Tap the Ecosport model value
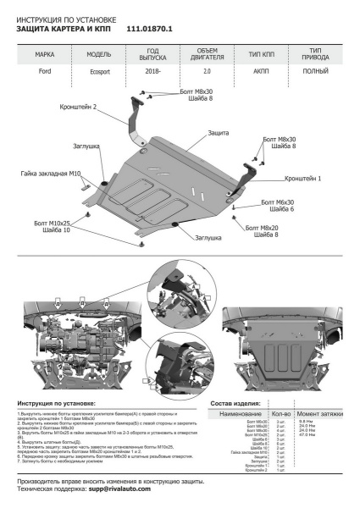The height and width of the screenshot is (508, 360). tap(99, 73)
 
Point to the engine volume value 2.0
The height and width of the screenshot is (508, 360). tap(208, 72)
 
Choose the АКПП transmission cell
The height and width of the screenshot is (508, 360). tap(261, 72)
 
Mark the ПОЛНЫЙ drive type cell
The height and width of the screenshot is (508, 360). tap(316, 72)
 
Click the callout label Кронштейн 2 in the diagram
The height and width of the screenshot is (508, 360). tap(102, 108)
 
